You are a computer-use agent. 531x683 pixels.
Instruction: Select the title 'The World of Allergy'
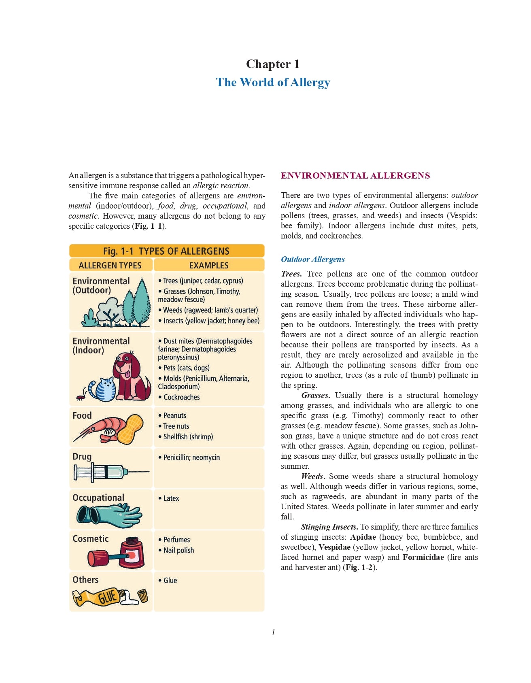273,82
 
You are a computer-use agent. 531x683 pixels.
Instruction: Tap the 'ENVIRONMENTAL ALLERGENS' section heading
355,176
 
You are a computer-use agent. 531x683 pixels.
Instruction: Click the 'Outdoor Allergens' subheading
313,259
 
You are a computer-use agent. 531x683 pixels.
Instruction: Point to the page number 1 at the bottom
273,632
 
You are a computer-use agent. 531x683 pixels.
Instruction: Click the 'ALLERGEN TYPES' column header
110,266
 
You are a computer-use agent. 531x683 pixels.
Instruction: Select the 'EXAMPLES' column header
209,266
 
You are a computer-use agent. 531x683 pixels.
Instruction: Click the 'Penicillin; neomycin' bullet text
191,457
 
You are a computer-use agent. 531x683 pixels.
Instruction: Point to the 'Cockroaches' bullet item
181,397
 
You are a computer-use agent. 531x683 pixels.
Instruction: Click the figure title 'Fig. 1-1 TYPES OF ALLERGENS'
166,251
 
